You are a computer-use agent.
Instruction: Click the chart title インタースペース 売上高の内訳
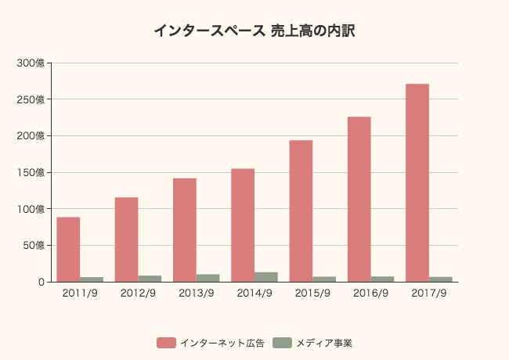pos(254,31)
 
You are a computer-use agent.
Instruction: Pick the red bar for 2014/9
pos(243,225)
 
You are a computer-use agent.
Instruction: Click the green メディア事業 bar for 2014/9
pos(266,277)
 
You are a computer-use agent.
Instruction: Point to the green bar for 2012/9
pos(150,279)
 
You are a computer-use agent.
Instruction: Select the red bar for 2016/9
pos(359,199)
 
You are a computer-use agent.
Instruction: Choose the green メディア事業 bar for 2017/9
pos(441,279)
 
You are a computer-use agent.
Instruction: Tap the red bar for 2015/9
pos(301,211)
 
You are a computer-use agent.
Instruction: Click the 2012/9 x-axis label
pos(138,294)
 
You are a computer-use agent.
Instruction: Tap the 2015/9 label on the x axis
pos(312,294)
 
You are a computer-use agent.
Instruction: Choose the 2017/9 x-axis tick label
pos(429,294)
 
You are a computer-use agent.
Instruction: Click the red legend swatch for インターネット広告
pos(166,343)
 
